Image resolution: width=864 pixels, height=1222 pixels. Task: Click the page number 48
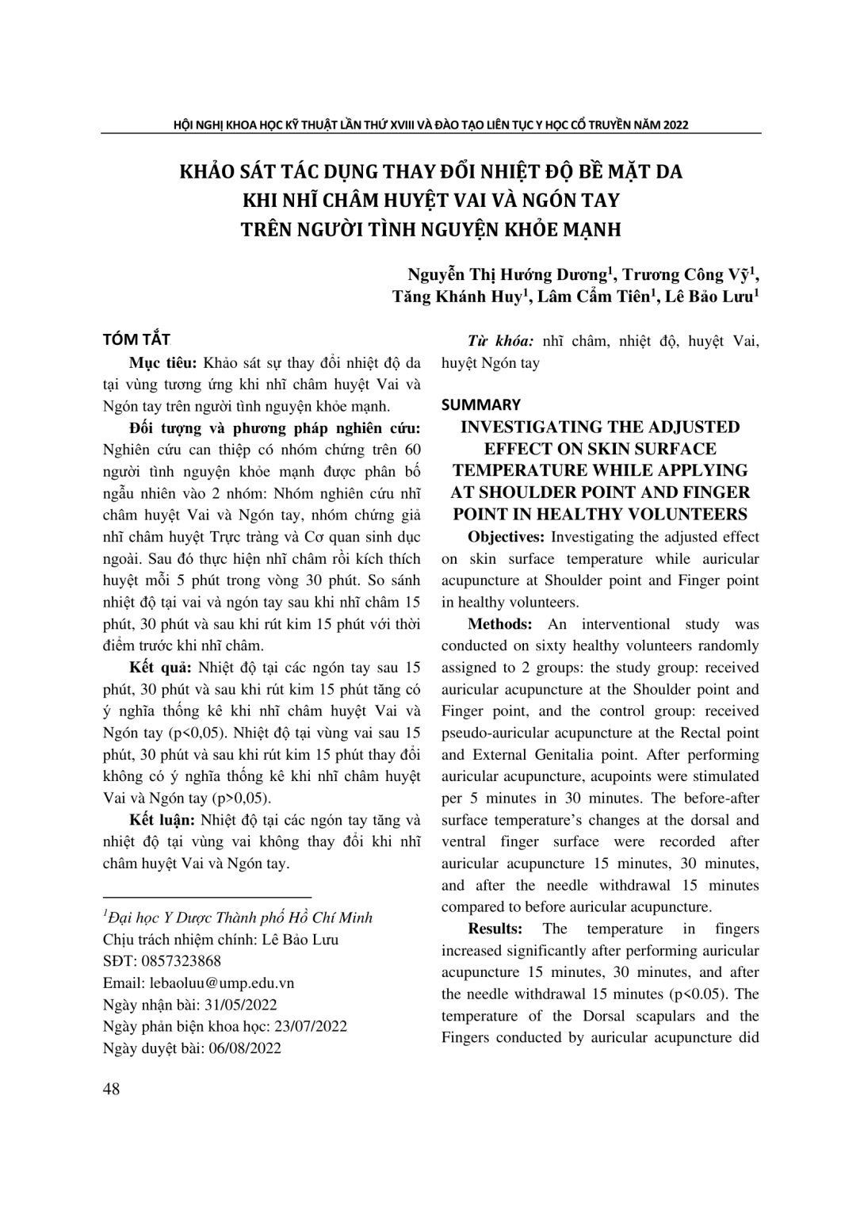click(x=112, y=1089)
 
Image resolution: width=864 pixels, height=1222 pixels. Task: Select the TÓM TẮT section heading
click(x=137, y=340)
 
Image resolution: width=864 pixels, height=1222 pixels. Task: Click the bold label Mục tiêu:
click(x=162, y=363)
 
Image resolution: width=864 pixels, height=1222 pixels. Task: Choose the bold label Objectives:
click(x=506, y=537)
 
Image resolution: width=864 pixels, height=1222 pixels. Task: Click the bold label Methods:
click(x=499, y=624)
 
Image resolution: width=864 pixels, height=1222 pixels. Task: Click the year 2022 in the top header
click(x=676, y=124)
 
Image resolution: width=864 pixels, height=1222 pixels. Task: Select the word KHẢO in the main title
click(x=205, y=172)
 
